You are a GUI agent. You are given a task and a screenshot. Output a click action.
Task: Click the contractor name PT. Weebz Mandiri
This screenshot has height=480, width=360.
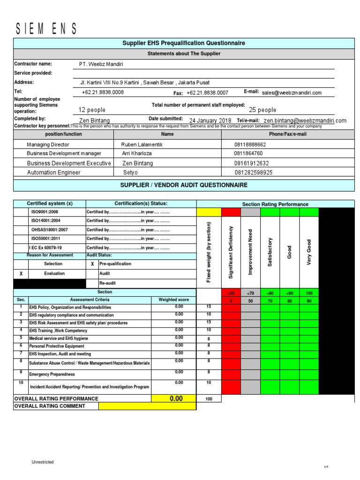coord(102,64)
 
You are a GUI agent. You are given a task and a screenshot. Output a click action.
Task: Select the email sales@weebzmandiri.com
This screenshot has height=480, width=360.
coord(292,93)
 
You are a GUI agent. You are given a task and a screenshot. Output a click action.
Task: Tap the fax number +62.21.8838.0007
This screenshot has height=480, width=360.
coord(207,93)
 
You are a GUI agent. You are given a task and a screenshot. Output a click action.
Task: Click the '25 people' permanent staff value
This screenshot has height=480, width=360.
coord(262,110)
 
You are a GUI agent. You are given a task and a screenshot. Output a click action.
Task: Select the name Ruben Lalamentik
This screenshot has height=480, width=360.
coord(142,145)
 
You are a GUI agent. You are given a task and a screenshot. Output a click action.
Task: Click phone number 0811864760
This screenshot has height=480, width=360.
coord(248,153)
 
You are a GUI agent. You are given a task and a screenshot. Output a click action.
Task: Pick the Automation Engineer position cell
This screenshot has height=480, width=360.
coord(53,172)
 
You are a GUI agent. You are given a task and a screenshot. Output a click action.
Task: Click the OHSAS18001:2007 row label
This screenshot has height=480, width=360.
coord(50,230)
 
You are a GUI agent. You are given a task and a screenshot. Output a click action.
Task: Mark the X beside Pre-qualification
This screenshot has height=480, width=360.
coord(92,264)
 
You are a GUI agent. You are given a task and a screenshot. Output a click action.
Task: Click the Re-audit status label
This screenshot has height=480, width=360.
coord(107,283)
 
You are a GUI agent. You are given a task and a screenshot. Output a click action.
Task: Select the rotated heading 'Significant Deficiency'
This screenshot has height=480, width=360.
coord(231,252)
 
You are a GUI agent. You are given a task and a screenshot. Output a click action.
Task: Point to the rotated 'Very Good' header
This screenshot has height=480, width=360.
coord(309,252)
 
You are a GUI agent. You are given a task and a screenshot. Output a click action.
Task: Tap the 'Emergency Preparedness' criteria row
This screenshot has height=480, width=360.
coord(52,375)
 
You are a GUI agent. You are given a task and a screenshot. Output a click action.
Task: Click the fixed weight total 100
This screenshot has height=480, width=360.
coord(209,398)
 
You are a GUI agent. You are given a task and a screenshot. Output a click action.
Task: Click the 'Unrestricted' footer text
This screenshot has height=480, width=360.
coord(43,462)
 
